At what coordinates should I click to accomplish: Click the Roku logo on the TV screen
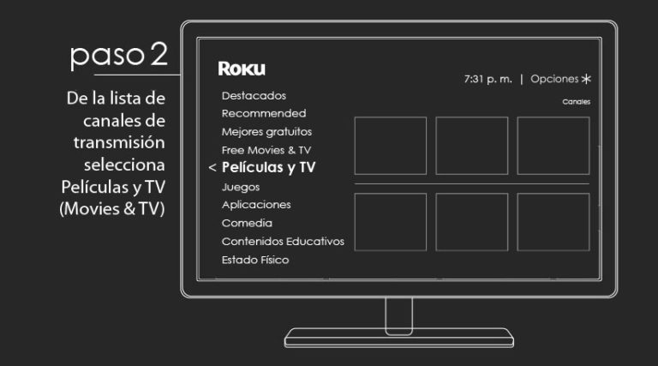[242, 69]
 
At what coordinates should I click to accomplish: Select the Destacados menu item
[254, 96]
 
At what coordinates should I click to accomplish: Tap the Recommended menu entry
[264, 113]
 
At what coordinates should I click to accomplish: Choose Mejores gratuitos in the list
[267, 132]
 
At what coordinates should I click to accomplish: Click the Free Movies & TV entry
[266, 150]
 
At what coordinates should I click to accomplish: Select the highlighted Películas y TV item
[268, 167]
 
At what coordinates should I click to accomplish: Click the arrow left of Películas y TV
[212, 168]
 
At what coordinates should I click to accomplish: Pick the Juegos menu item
[241, 187]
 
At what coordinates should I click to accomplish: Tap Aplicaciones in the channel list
[256, 205]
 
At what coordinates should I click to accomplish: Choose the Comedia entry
[247, 223]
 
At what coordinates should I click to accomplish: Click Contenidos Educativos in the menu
[284, 242]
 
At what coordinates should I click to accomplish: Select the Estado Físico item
[255, 260]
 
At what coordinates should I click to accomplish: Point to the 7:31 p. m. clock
[488, 79]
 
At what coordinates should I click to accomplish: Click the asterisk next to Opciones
[586, 79]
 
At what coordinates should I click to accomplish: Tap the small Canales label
[576, 102]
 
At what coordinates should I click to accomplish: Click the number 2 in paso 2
[159, 54]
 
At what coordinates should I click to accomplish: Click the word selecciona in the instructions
[124, 165]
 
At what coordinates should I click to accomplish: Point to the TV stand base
[399, 338]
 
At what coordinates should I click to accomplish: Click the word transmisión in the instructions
[119, 142]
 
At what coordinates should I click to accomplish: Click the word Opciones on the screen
[554, 79]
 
